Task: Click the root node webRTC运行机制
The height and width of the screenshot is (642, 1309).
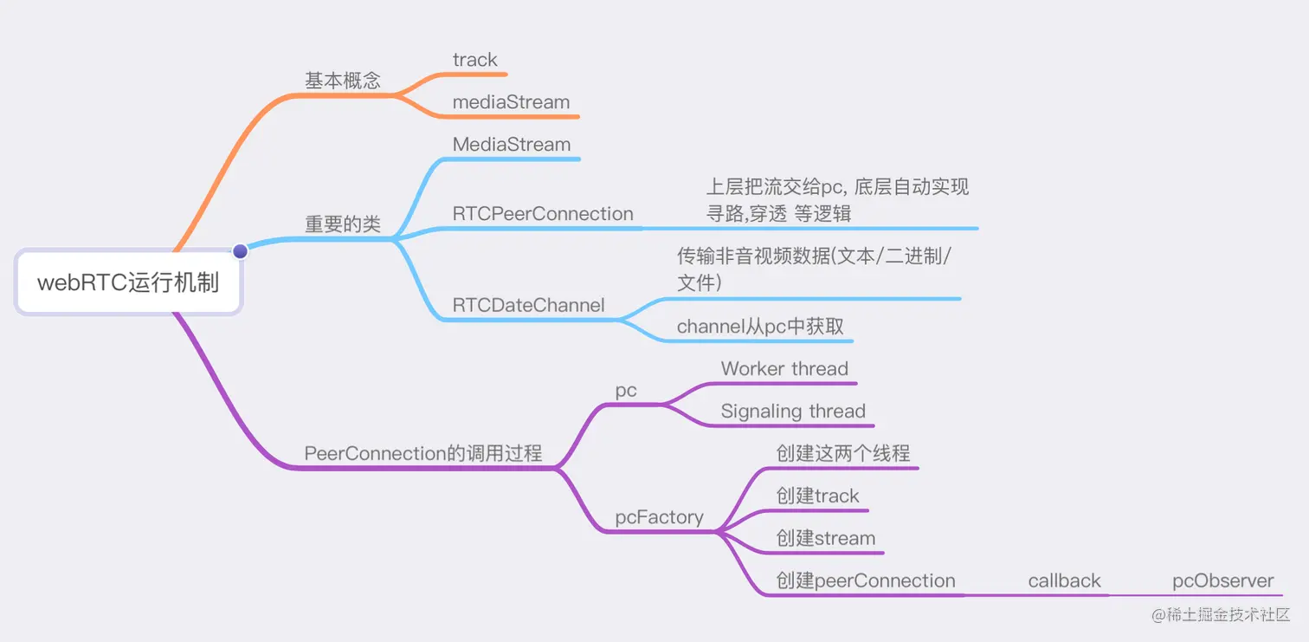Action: pos(128,282)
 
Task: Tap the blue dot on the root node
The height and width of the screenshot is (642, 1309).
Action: pos(240,251)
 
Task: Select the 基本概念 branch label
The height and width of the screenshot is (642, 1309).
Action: pos(343,81)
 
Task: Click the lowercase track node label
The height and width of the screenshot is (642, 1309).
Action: pos(474,60)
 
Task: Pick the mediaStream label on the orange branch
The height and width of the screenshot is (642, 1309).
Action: pos(512,102)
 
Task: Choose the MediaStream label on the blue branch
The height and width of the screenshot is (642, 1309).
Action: pos(512,145)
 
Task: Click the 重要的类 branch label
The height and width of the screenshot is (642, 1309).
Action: pos(343,224)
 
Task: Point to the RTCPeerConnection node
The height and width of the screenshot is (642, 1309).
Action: pos(543,214)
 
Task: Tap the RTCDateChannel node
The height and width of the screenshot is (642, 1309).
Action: pos(528,305)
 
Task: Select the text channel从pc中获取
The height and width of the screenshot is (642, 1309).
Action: pos(760,327)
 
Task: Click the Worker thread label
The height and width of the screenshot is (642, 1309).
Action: pos(784,369)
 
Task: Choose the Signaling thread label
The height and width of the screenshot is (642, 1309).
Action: pos(793,411)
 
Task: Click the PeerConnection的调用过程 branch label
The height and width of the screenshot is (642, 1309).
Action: pos(423,453)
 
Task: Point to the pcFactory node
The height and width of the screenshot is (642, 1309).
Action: pos(659,517)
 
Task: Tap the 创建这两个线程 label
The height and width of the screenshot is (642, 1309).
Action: pos(842,453)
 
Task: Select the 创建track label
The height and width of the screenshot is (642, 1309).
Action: pos(817,496)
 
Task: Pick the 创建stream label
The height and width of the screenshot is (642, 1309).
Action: pos(826,538)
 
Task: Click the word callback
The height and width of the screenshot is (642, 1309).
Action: pos(1064,580)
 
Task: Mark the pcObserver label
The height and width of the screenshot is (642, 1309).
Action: pos(1223,580)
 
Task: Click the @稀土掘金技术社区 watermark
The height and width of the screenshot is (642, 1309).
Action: pos(1221,614)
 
